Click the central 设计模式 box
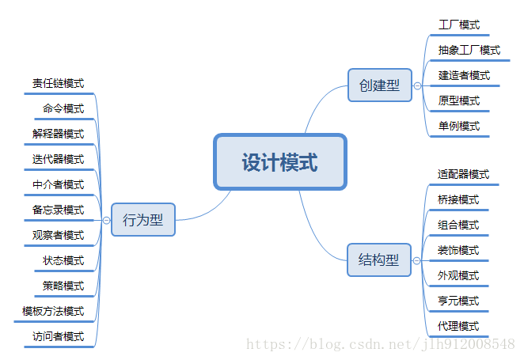280,162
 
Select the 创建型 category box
379,85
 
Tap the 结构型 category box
379,260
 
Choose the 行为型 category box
142,219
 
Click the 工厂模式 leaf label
459,25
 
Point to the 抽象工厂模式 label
469,50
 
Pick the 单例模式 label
459,126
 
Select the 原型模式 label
459,100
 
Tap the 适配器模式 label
464,174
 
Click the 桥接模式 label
458,199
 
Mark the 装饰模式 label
458,250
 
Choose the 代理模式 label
458,326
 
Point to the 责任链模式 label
59,83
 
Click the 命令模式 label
63,108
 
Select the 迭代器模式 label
59,159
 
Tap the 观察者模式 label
59,235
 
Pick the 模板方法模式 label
53,311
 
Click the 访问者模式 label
59,336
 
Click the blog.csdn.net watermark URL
381,344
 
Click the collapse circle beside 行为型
106,220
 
